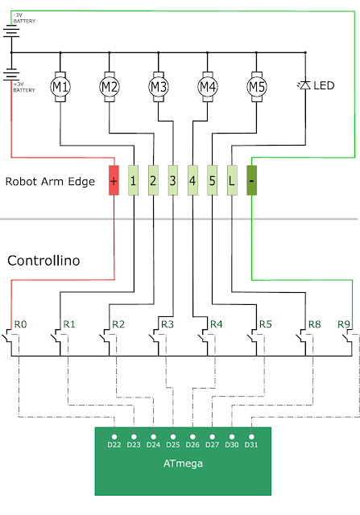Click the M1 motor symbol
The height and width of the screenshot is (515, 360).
coord(60,87)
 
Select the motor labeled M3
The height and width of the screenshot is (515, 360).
coord(159,87)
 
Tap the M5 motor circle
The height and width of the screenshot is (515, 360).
coord(257,87)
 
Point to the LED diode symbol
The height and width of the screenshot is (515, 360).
coord(304,85)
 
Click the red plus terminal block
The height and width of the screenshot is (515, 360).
coord(114,180)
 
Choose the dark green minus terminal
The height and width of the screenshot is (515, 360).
coord(251,180)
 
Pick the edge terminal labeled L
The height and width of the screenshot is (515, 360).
coord(232,180)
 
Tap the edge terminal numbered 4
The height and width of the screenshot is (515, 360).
coord(192,180)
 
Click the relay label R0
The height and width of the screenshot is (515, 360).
coord(20,324)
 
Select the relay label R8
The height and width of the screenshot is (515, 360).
coord(314,324)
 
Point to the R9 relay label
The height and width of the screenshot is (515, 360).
coord(344,324)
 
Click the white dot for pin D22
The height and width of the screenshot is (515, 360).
coord(114,437)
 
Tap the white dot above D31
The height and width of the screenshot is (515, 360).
coord(251,437)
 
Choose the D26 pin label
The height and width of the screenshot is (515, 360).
coord(192,445)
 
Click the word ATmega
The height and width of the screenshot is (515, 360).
coord(183,463)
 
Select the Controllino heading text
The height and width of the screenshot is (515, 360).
coord(43,261)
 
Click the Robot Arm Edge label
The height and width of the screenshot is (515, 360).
coord(50,181)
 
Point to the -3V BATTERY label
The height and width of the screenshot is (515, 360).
coord(24,18)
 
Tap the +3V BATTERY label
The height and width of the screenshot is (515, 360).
coord(24,87)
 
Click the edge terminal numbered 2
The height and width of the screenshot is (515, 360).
coord(153,180)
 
